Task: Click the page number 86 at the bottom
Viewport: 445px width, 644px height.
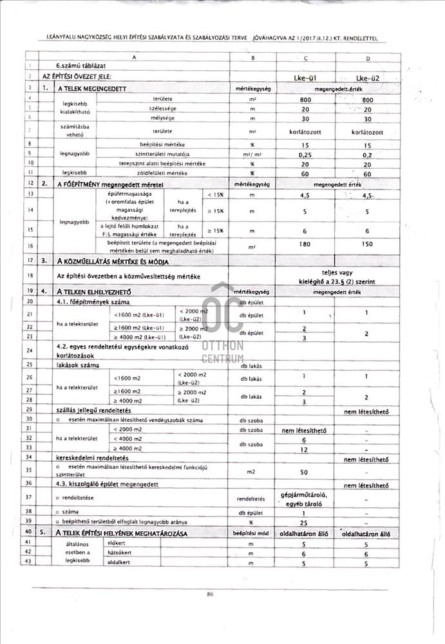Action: click(210, 594)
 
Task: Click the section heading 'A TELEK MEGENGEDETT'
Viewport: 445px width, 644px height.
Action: click(91, 88)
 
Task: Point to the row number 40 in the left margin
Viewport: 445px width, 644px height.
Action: click(30, 532)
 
